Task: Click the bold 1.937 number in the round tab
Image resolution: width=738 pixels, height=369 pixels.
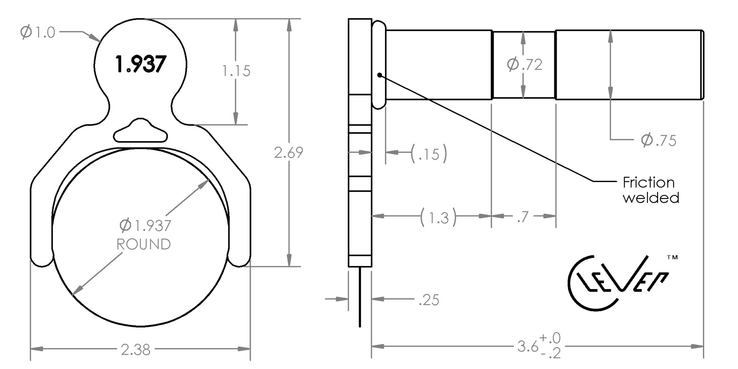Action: pos(141,64)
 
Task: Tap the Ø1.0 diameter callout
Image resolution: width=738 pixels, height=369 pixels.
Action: pos(38,32)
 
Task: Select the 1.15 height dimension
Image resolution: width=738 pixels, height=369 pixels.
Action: pos(236,71)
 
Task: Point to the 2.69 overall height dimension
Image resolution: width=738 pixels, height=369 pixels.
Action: pos(289,153)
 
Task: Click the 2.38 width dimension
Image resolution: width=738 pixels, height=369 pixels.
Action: pos(135,350)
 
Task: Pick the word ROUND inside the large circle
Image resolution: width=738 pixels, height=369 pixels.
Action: pos(143,244)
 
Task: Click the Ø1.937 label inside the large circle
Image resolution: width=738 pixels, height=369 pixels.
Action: pos(145,226)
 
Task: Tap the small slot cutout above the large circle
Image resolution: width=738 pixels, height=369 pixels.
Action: pos(141,130)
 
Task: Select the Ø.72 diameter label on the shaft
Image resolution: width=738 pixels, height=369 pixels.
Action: pos(525,65)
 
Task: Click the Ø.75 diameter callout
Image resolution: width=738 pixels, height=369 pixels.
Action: pos(659,140)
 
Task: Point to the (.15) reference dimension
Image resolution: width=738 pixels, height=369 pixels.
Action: pos(429,154)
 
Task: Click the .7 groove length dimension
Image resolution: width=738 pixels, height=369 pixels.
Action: pos(523,217)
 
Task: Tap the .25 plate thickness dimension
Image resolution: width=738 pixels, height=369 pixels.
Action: pos(429,300)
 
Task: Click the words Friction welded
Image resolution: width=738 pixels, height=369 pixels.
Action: pos(651,190)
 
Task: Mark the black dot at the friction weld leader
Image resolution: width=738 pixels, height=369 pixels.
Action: pos(379,75)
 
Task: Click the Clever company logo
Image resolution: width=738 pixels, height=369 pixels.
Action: pos(618,284)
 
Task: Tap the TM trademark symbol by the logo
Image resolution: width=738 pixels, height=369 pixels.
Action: pos(672,257)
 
